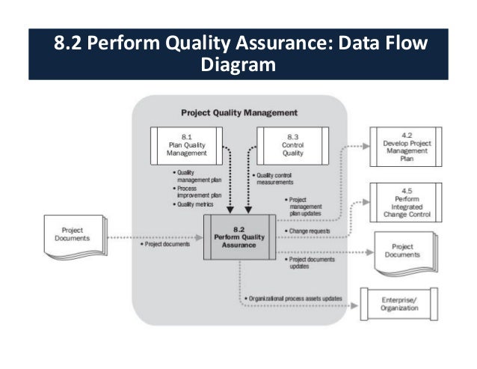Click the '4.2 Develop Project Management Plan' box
click(x=404, y=145)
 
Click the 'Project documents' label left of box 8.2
click(x=165, y=244)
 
